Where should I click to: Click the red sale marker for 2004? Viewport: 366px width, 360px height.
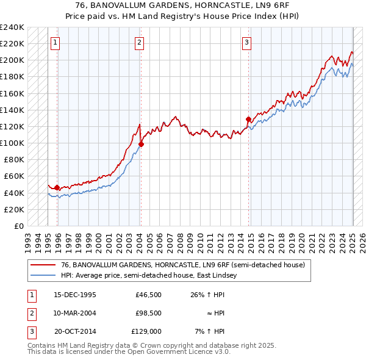click(x=141, y=145)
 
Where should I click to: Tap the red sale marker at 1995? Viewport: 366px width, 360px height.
click(x=57, y=188)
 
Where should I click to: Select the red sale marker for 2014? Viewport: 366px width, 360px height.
click(x=248, y=119)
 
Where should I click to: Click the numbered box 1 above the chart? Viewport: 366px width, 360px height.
click(x=56, y=43)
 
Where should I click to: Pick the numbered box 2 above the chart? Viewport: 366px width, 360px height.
click(x=140, y=43)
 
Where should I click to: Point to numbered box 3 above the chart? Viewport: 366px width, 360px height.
click(x=247, y=43)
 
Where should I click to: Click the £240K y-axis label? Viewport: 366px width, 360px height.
click(x=12, y=27)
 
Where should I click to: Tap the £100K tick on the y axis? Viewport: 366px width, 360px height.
click(x=12, y=143)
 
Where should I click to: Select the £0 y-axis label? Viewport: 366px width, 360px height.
click(x=19, y=226)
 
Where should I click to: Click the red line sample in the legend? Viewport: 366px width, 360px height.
click(x=43, y=265)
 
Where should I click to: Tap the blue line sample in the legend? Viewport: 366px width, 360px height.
click(x=43, y=275)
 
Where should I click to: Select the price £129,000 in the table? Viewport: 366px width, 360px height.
click(x=147, y=332)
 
